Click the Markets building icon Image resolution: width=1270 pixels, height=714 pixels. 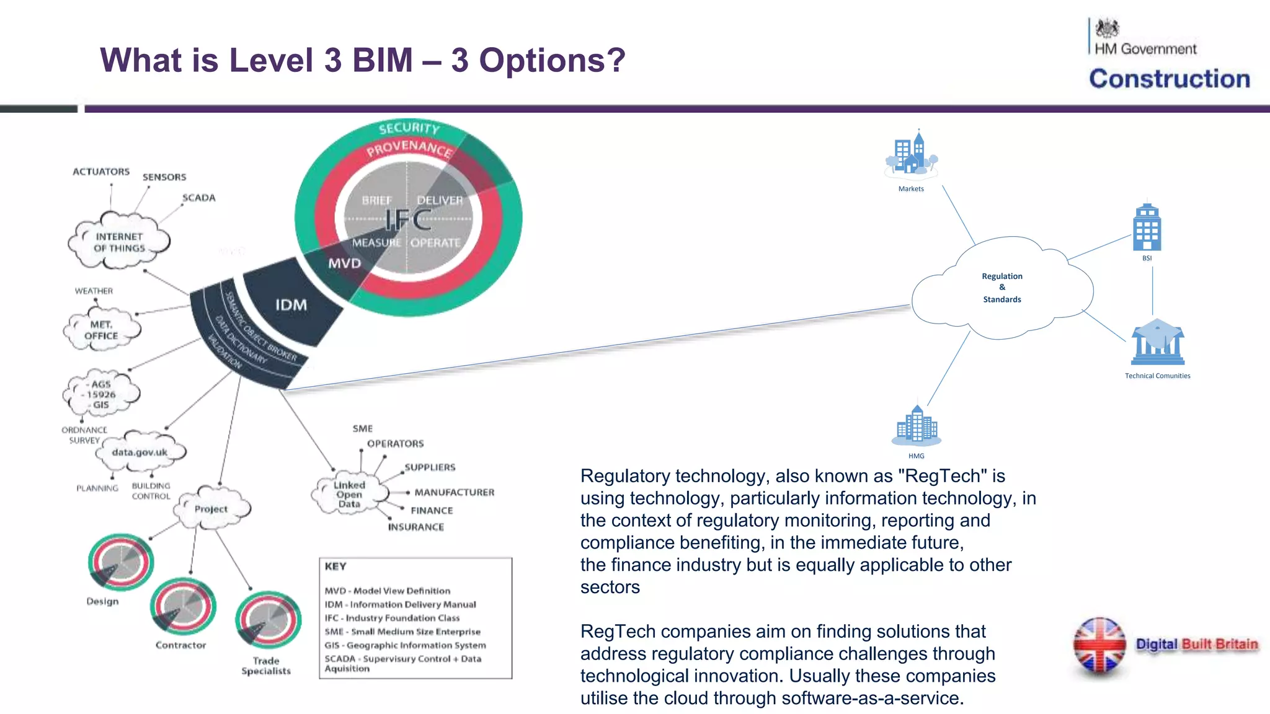click(x=911, y=154)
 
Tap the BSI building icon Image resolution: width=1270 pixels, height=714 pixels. click(x=1147, y=227)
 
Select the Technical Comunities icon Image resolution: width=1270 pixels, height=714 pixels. click(x=1157, y=343)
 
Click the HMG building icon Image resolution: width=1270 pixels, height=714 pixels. click(x=917, y=426)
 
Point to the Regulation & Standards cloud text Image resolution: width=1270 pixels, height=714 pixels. click(x=1001, y=288)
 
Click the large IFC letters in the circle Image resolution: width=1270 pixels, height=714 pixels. click(x=408, y=219)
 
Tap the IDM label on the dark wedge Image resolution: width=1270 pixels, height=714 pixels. click(x=291, y=305)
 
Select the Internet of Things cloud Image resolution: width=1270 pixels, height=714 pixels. click(x=119, y=242)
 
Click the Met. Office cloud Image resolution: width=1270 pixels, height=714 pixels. click(x=102, y=330)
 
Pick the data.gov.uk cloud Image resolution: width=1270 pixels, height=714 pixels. click(x=140, y=452)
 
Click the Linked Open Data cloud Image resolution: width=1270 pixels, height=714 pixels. click(x=349, y=495)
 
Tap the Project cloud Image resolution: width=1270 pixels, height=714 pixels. click(x=211, y=509)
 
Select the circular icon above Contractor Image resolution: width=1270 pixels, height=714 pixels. click(x=183, y=607)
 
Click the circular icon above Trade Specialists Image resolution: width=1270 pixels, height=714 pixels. click(x=268, y=620)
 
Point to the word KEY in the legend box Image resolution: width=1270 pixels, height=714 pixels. click(x=335, y=566)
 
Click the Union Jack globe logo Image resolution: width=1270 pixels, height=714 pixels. click(x=1099, y=645)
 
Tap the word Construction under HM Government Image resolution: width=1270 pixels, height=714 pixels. click(x=1170, y=79)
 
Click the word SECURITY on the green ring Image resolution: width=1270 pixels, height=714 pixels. click(x=409, y=128)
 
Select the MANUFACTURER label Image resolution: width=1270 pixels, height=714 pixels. click(x=455, y=493)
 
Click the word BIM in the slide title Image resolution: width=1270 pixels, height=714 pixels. click(x=382, y=61)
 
